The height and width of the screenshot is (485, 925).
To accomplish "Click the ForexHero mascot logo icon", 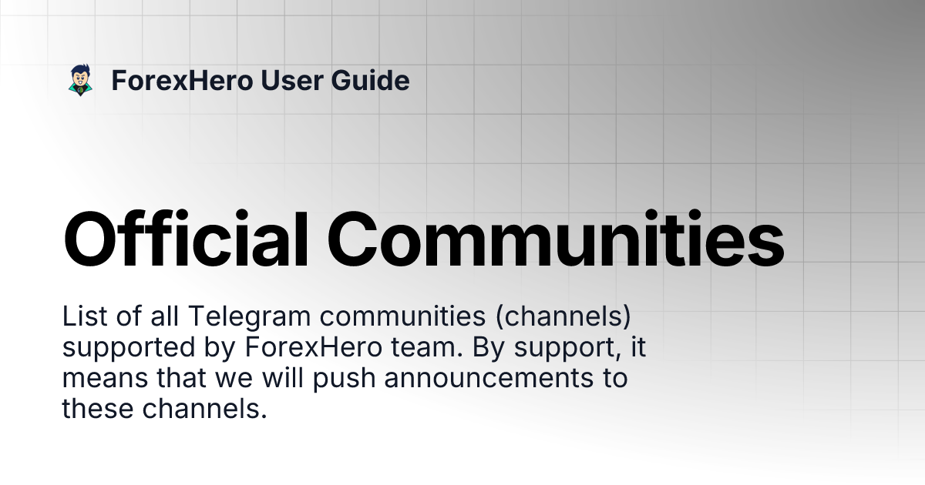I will [x=80, y=80].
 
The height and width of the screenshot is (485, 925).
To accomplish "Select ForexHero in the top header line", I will [x=182, y=80].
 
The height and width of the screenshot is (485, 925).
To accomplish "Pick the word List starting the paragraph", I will [x=81, y=316].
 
